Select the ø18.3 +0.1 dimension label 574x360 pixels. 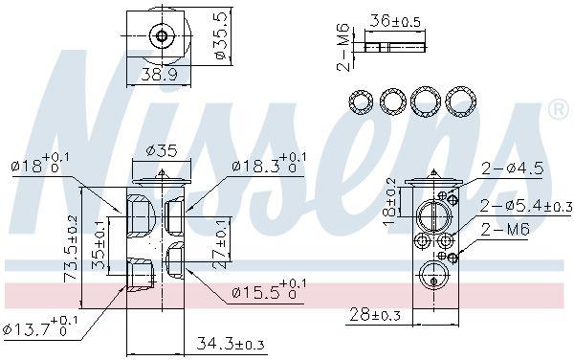tap(270, 162)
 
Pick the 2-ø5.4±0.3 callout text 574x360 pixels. tap(524, 205)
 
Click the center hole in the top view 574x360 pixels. tap(162, 37)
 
